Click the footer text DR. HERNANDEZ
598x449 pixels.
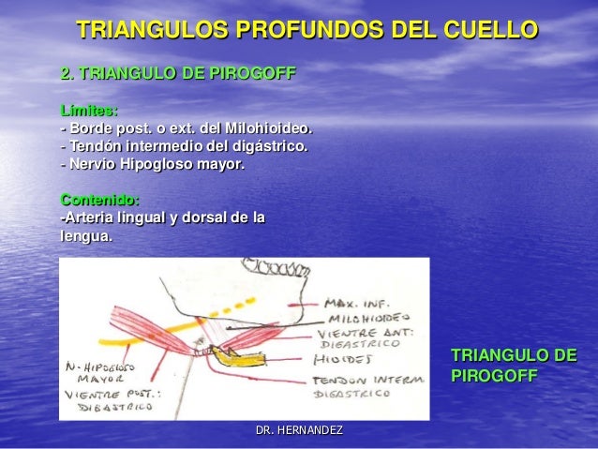coord(299,430)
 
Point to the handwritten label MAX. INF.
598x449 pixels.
coord(354,303)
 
